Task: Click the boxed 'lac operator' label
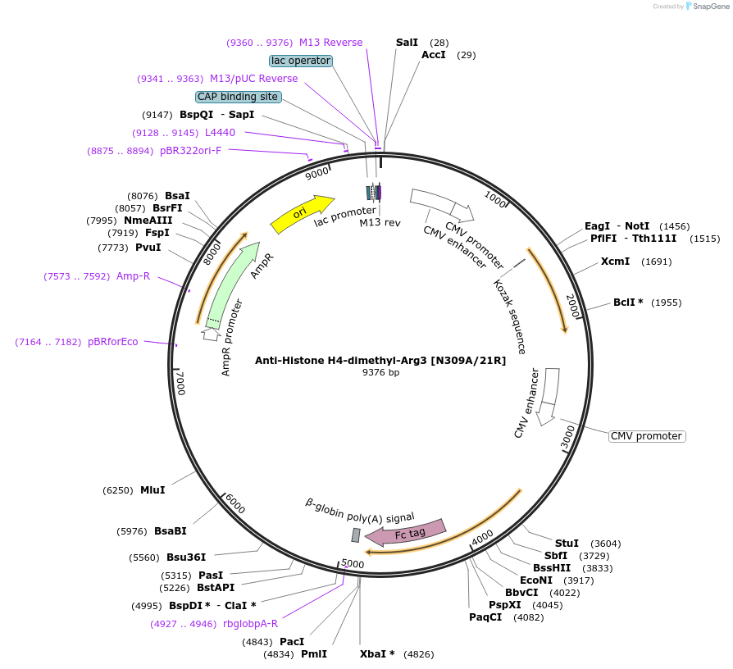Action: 300,61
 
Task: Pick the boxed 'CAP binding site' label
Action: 238,97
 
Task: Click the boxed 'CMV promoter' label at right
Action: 647,436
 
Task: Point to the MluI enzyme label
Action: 153,490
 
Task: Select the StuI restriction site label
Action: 567,544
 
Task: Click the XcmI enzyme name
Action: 615,262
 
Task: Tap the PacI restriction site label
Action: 292,642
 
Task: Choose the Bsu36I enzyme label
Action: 186,557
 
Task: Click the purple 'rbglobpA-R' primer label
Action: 250,624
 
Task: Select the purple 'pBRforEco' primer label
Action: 113,342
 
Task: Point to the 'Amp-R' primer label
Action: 133,276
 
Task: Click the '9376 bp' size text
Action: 380,372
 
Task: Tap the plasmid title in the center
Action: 380,360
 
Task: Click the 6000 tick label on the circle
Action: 234,504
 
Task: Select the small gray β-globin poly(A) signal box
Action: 356,535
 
